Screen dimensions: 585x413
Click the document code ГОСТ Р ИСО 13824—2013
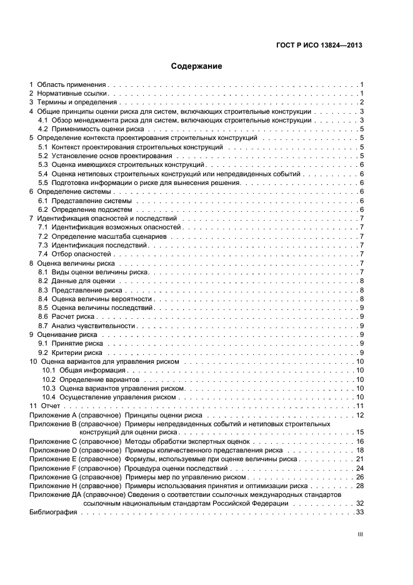coord(319,44)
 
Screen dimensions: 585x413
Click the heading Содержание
coord(196,66)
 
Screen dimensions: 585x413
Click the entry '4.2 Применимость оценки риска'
coord(91,129)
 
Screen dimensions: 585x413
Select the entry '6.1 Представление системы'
coord(84,201)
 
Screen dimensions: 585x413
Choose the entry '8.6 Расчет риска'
coord(66,317)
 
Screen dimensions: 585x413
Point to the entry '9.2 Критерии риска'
coord(70,352)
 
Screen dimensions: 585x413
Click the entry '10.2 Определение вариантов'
coord(91,379)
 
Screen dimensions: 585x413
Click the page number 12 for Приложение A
coord(360,416)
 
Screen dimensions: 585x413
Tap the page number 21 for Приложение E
coord(360,459)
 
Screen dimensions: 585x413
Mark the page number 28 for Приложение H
coord(360,486)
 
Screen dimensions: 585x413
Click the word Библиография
coord(53,512)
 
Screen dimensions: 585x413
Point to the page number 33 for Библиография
coord(360,512)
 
